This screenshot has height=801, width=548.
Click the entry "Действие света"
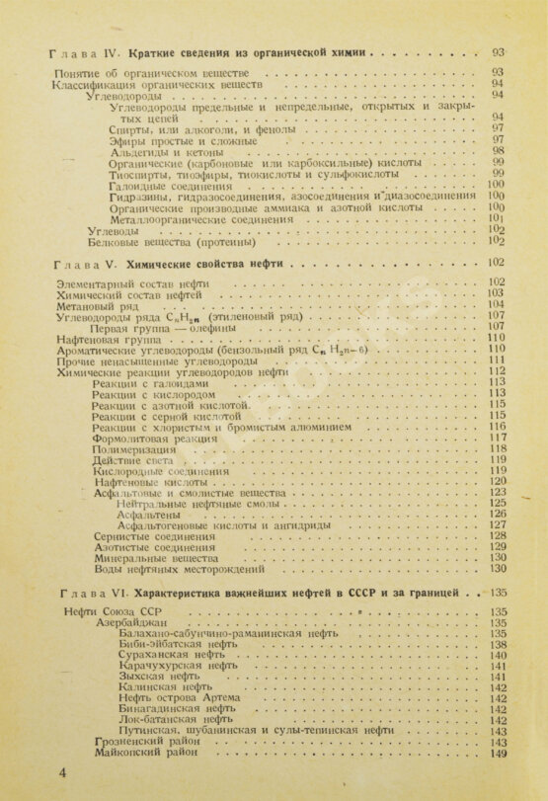[x=132, y=459]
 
